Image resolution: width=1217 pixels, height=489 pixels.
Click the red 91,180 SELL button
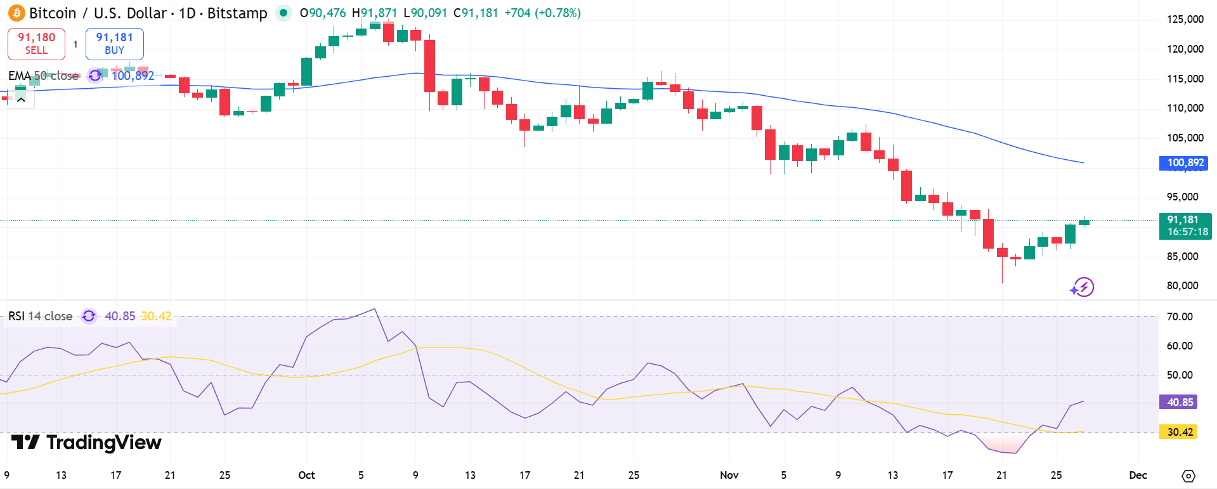pyautogui.click(x=36, y=44)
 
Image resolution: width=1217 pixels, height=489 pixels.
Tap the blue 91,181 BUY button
pyautogui.click(x=114, y=44)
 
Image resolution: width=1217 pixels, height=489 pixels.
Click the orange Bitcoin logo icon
pyautogui.click(x=16, y=13)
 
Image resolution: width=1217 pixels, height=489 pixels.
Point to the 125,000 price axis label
pyautogui.click(x=1185, y=19)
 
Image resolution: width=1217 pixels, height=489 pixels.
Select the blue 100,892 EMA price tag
pyautogui.click(x=1183, y=163)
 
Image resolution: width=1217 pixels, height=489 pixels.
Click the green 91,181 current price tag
pyautogui.click(x=1185, y=226)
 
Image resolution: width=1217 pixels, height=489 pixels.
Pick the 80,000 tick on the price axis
pyautogui.click(x=1182, y=285)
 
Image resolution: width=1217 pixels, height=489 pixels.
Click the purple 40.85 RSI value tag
pyautogui.click(x=1180, y=402)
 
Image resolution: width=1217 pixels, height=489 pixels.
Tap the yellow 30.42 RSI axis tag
pyautogui.click(x=1179, y=432)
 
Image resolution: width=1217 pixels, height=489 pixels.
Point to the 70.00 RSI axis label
pyautogui.click(x=1179, y=316)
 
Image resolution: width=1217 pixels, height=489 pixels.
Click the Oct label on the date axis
pyautogui.click(x=306, y=475)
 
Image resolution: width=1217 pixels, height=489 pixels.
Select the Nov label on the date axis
pyautogui.click(x=729, y=475)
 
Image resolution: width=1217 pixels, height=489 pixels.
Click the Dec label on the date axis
pyautogui.click(x=1138, y=475)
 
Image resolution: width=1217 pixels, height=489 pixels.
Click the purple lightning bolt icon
pyautogui.click(x=1083, y=287)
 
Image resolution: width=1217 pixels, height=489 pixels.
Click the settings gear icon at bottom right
pyautogui.click(x=1188, y=476)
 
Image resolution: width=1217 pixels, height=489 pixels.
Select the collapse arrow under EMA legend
pyautogui.click(x=21, y=100)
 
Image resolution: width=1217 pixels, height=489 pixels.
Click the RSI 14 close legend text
pyautogui.click(x=40, y=316)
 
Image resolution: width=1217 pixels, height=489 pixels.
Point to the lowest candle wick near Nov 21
pyautogui.click(x=1002, y=279)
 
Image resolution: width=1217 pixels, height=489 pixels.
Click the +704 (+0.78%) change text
pyautogui.click(x=542, y=13)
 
